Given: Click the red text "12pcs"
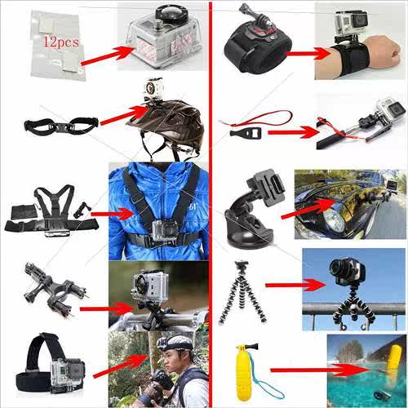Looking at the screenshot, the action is [x=61, y=42].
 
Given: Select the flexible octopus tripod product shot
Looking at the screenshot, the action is [x=242, y=293].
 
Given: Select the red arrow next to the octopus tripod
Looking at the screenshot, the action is [x=295, y=285].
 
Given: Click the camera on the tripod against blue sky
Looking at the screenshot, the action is [x=347, y=273].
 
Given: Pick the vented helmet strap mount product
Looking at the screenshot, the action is [x=61, y=126].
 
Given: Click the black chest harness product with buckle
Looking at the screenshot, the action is [x=51, y=211].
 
